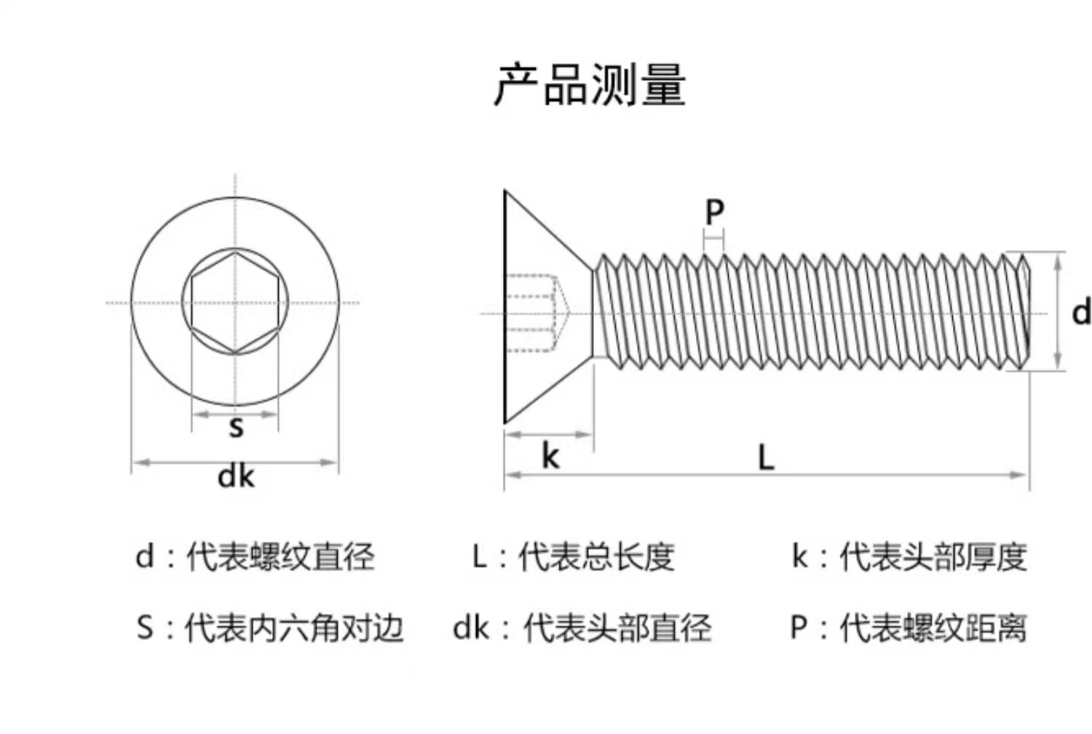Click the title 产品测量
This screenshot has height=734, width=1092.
coord(590,84)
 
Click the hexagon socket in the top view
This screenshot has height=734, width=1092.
coord(234,302)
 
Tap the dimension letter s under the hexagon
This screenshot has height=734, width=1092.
coord(235,427)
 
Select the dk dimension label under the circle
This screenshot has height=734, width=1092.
coord(236,477)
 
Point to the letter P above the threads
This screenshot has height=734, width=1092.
coord(714,212)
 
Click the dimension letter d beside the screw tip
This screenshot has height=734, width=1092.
coord(1081,312)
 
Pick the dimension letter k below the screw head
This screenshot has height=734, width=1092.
coord(550,457)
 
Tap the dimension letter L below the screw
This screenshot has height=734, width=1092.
coord(765,458)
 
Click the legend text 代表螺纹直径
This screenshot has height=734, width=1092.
coord(280,557)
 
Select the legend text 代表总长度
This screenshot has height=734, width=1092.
coord(596,557)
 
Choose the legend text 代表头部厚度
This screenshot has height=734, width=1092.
coord(933,557)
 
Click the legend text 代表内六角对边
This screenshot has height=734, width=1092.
coord(293,628)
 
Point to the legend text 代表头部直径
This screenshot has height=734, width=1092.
coord(617,628)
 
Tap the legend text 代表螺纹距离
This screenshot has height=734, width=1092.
coord(933,628)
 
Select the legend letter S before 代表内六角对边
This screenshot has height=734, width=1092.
coord(145,628)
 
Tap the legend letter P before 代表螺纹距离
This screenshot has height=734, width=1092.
coord(799,628)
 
